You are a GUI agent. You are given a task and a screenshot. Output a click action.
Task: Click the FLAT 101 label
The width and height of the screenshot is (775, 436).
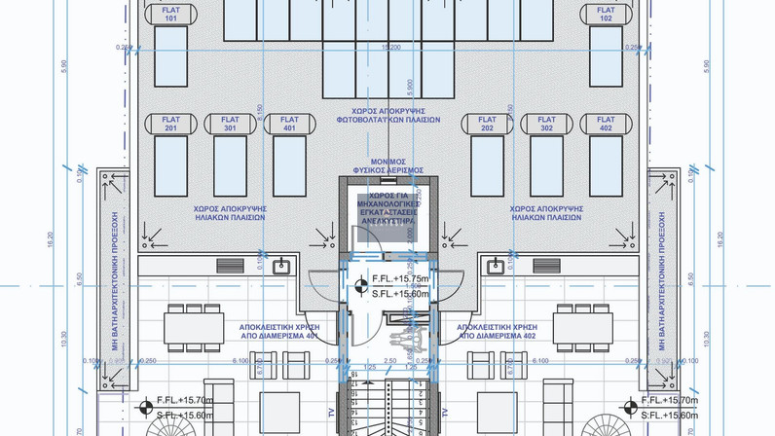pos(171,14)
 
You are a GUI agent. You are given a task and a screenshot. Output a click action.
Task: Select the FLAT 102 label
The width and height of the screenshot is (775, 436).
pos(607,14)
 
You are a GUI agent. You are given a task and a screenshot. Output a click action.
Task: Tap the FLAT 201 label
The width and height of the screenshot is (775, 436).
pos(171,124)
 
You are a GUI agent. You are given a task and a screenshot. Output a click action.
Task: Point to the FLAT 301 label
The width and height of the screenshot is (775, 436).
pos(230,124)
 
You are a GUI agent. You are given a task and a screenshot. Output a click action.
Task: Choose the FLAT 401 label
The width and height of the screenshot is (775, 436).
pos(288,124)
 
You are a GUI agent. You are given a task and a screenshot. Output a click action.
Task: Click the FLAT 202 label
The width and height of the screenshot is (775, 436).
pos(488,124)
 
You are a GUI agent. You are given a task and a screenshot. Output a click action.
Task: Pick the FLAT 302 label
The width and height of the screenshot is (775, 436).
pos(546,124)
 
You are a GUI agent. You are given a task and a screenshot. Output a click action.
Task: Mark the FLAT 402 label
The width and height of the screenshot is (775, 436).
pos(606,124)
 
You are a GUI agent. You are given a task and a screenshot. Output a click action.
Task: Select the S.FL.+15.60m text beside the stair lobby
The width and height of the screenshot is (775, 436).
pos(400,293)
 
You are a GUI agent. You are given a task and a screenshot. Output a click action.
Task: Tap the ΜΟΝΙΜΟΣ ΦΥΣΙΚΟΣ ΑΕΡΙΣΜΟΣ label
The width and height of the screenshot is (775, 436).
pos(387,164)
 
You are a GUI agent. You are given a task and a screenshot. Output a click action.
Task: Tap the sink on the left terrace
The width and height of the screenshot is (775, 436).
pos(283,265)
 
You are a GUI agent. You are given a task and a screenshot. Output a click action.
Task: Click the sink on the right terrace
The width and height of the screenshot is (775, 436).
pos(495,265)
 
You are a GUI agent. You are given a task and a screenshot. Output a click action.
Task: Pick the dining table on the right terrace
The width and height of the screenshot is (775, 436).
pos(584,323)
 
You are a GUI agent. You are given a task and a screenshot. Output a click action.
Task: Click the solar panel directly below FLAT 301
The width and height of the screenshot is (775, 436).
pos(230,161)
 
